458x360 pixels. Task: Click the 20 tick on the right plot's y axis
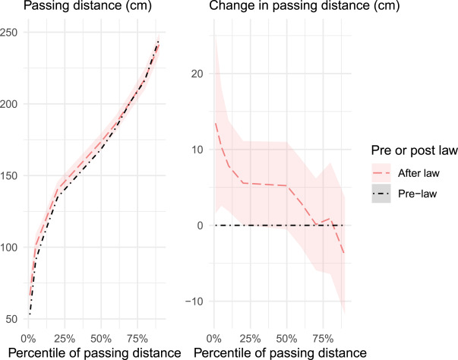198,74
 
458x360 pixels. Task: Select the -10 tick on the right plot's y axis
196,302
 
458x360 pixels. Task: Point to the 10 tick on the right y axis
198,150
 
